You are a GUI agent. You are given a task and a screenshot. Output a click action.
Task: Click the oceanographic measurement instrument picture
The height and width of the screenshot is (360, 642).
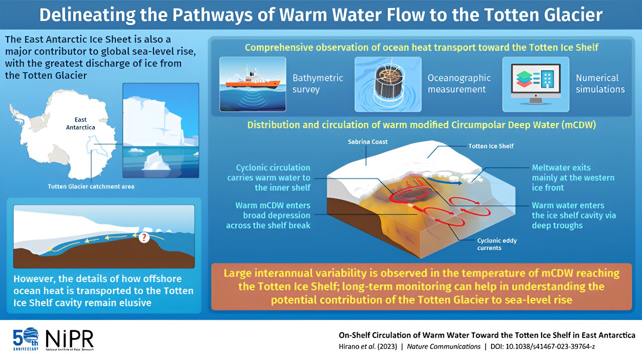pyautogui.click(x=387, y=83)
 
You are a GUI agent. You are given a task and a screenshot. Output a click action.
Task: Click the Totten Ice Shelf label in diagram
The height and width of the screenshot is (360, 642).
pyautogui.click(x=491, y=146)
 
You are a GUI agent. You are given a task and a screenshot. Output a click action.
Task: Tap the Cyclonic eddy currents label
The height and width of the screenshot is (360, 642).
pyautogui.click(x=497, y=244)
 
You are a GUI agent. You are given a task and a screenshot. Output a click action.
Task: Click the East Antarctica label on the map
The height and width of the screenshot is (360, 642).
pyautogui.click(x=80, y=123)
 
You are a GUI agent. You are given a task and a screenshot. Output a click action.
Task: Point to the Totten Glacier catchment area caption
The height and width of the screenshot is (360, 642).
pyautogui.click(x=91, y=187)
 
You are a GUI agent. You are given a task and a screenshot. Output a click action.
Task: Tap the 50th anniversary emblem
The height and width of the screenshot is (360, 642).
pyautogui.click(x=25, y=339)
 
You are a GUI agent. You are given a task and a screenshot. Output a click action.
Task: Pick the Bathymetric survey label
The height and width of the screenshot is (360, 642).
pyautogui.click(x=317, y=84)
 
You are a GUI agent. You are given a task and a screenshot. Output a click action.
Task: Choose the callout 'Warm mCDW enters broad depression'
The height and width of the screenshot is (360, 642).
pyautogui.click(x=268, y=216)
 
